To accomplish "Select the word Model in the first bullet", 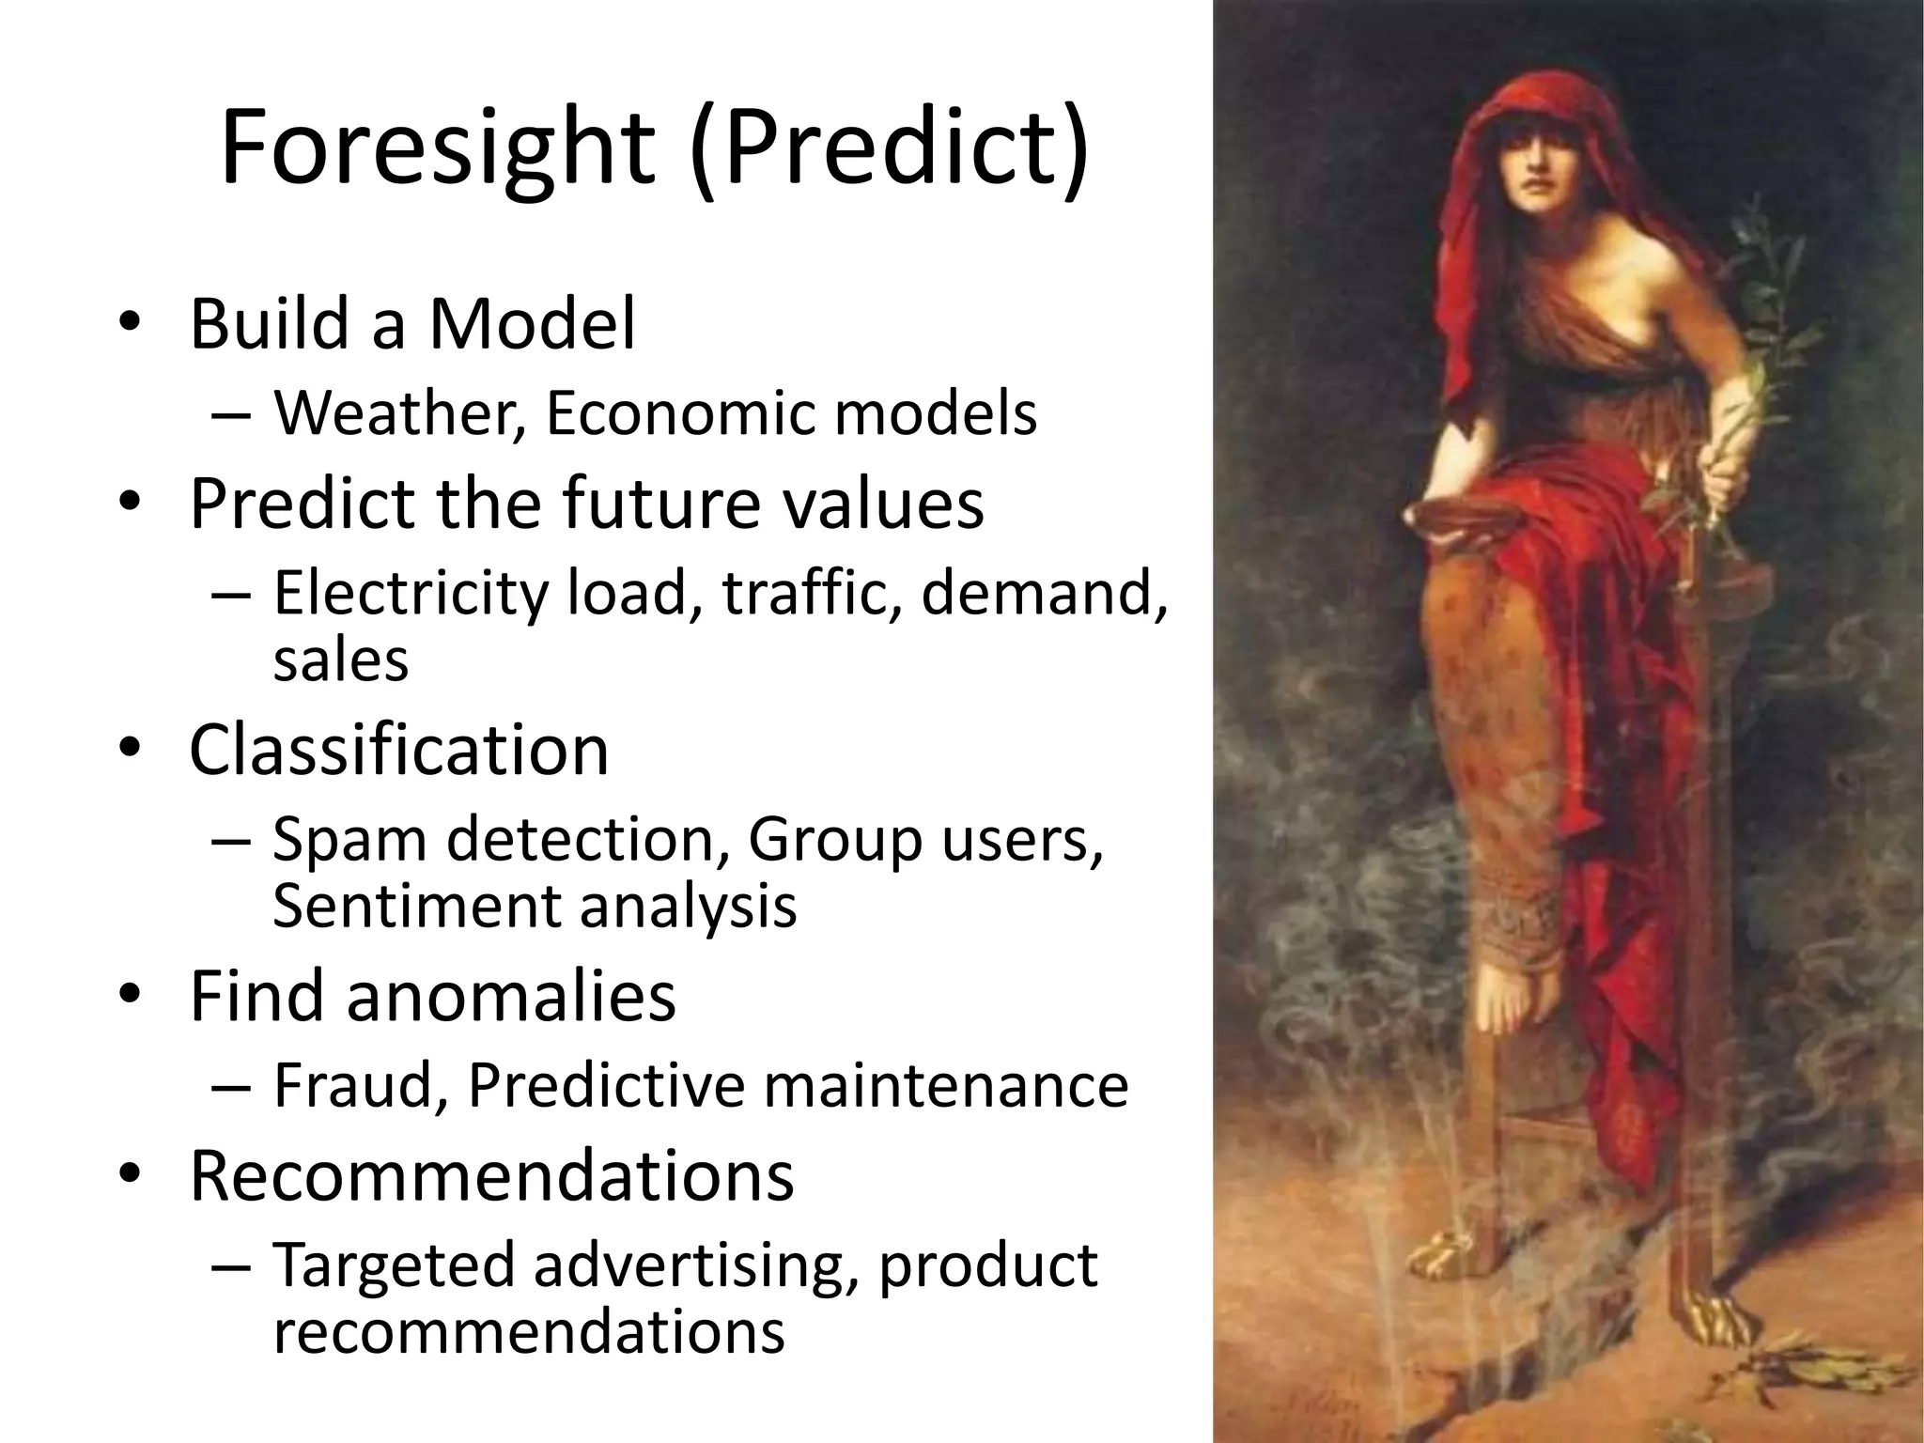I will [533, 324].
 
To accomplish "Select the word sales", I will [341, 659].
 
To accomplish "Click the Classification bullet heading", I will [399, 750].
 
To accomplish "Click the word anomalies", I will [511, 996].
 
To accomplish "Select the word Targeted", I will [395, 1265].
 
